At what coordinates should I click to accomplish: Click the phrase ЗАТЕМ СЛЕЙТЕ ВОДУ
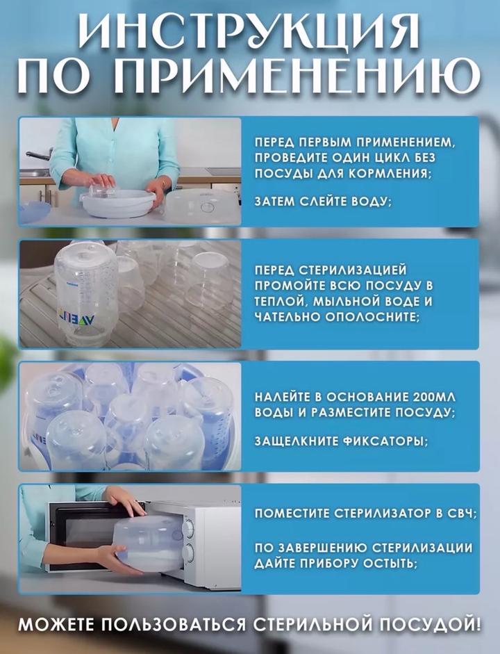point(324,202)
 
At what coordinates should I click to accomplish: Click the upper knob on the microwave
point(189,528)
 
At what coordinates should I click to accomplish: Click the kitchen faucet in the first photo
point(39,154)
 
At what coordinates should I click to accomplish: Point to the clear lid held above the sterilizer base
point(101,190)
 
